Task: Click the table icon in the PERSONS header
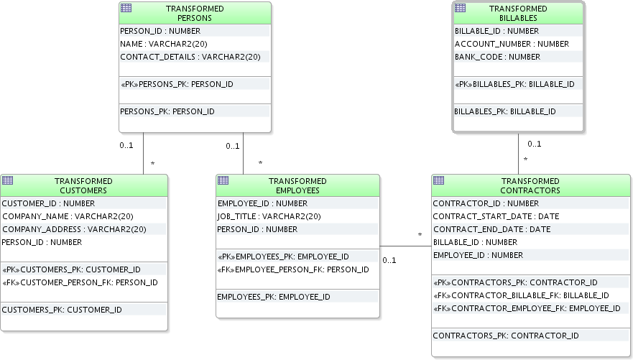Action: [126, 8]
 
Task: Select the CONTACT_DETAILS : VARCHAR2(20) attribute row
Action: [190, 57]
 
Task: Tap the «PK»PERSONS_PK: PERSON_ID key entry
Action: [177, 84]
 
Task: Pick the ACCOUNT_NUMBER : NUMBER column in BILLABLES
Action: [512, 44]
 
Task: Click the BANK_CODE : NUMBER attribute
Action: [497, 57]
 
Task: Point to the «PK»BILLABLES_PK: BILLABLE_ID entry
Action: [514, 84]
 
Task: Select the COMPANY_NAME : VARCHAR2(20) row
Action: [68, 216]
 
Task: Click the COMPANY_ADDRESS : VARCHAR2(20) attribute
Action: [74, 229]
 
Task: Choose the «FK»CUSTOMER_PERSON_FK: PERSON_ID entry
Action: [80, 282]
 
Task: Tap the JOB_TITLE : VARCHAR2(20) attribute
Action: [269, 216]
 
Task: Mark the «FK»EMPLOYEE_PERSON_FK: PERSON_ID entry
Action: [293, 269]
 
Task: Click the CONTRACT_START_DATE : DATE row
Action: [496, 216]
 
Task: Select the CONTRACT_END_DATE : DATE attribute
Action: [491, 229]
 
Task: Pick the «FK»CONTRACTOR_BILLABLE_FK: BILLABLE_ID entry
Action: [521, 295]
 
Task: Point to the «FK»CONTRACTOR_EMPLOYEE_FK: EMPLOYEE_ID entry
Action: [527, 308]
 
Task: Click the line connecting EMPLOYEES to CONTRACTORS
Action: [406, 246]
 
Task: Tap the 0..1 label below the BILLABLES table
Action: [534, 144]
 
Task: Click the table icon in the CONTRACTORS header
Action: [438, 180]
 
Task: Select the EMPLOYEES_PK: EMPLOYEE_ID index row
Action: [273, 297]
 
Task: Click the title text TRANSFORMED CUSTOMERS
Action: [83, 185]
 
